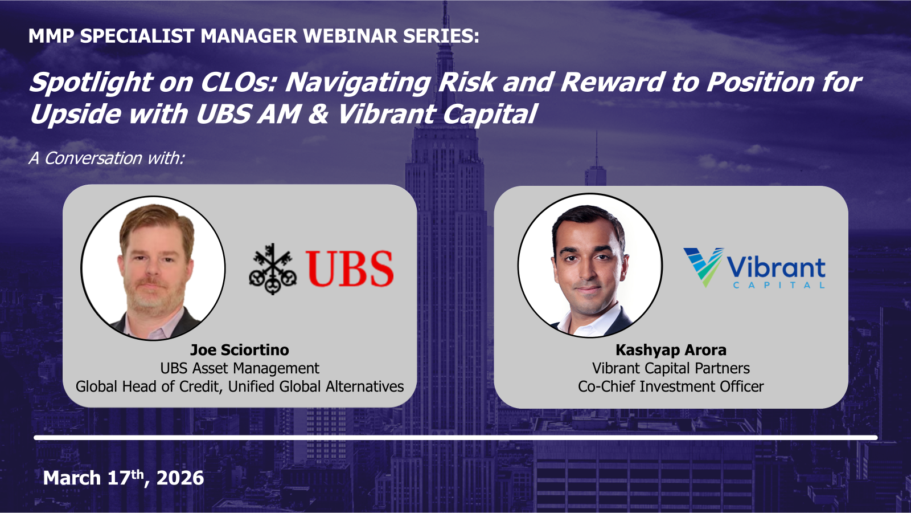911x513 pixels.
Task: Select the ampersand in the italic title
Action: pyautogui.click(x=318, y=114)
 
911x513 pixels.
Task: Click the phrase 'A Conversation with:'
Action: pyautogui.click(x=106, y=158)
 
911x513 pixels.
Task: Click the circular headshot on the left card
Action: pyautogui.click(x=153, y=268)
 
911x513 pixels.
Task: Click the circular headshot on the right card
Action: pyautogui.click(x=590, y=266)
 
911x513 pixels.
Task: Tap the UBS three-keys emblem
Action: pyautogui.click(x=273, y=268)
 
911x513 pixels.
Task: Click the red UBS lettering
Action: pyautogui.click(x=350, y=268)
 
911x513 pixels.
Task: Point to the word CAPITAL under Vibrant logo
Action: pyautogui.click(x=778, y=285)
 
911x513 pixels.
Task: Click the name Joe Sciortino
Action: pyautogui.click(x=239, y=349)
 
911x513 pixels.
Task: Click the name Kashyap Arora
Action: pyautogui.click(x=671, y=349)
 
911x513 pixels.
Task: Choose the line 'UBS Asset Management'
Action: pyautogui.click(x=239, y=368)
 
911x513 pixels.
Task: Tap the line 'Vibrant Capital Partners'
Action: pyautogui.click(x=671, y=368)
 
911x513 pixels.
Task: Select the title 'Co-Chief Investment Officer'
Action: pyautogui.click(x=671, y=386)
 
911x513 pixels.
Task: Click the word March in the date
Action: pyautogui.click(x=72, y=478)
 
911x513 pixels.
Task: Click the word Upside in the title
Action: pyautogui.click(x=75, y=114)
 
